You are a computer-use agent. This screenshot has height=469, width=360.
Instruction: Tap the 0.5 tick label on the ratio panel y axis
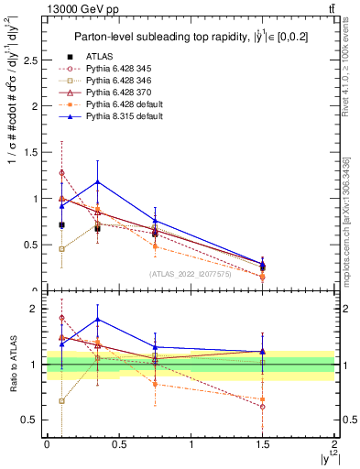[x=34, y=420]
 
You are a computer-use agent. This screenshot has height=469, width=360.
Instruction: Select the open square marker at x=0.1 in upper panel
[x=61, y=248]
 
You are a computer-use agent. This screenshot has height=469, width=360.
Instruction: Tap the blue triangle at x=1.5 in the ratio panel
[x=263, y=352]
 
